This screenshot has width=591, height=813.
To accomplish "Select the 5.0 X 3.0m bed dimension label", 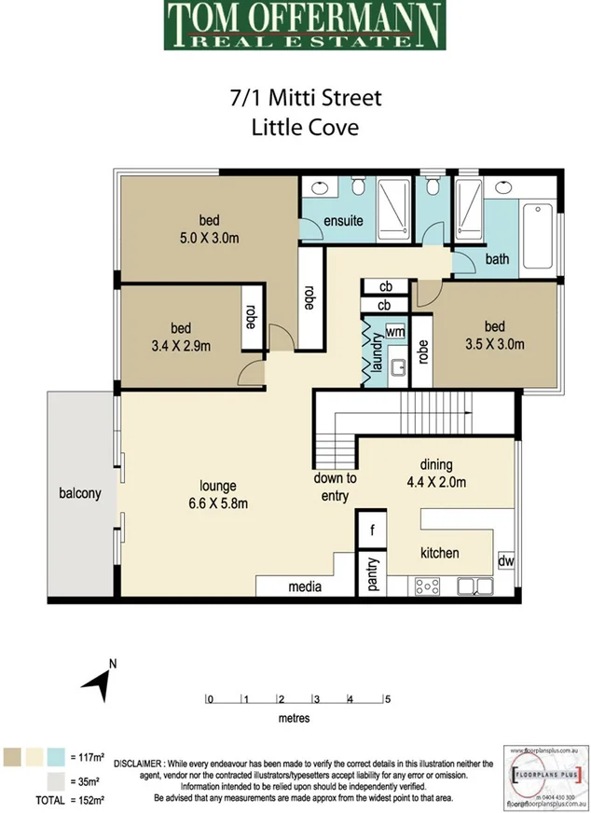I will pos(209,238).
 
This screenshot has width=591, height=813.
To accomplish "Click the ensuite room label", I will pos(343,222).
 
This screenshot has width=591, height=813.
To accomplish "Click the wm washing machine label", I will pos(394,331).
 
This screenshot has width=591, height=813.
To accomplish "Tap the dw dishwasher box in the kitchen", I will pos(505,562).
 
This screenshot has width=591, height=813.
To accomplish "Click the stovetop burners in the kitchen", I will pos(428,586).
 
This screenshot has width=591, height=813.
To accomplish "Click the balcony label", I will pos(79,493).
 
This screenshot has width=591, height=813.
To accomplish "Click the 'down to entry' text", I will pos(334,488).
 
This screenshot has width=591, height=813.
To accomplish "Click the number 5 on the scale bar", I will pos(386,699).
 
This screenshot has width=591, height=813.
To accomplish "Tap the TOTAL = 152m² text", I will pos(69,800).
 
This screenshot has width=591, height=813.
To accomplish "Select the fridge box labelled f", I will pos(372,530).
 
